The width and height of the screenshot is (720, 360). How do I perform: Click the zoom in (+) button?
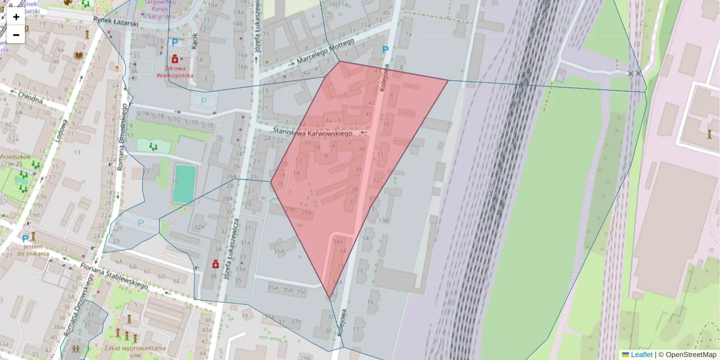[x=16, y=17]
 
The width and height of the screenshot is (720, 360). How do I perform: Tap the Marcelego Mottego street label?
[x=326, y=53]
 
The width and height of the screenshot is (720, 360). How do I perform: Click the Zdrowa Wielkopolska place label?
[x=175, y=73]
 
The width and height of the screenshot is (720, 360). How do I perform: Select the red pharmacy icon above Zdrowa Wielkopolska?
[x=175, y=59]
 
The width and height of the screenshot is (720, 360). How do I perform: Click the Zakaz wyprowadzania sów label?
[x=126, y=351]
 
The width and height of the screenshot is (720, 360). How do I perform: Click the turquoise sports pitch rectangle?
[x=185, y=184]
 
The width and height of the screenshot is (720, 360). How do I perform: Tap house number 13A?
[x=384, y=221]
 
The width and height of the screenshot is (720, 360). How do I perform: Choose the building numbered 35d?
[x=278, y=251]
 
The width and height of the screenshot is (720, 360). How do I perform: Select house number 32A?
[x=200, y=227]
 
